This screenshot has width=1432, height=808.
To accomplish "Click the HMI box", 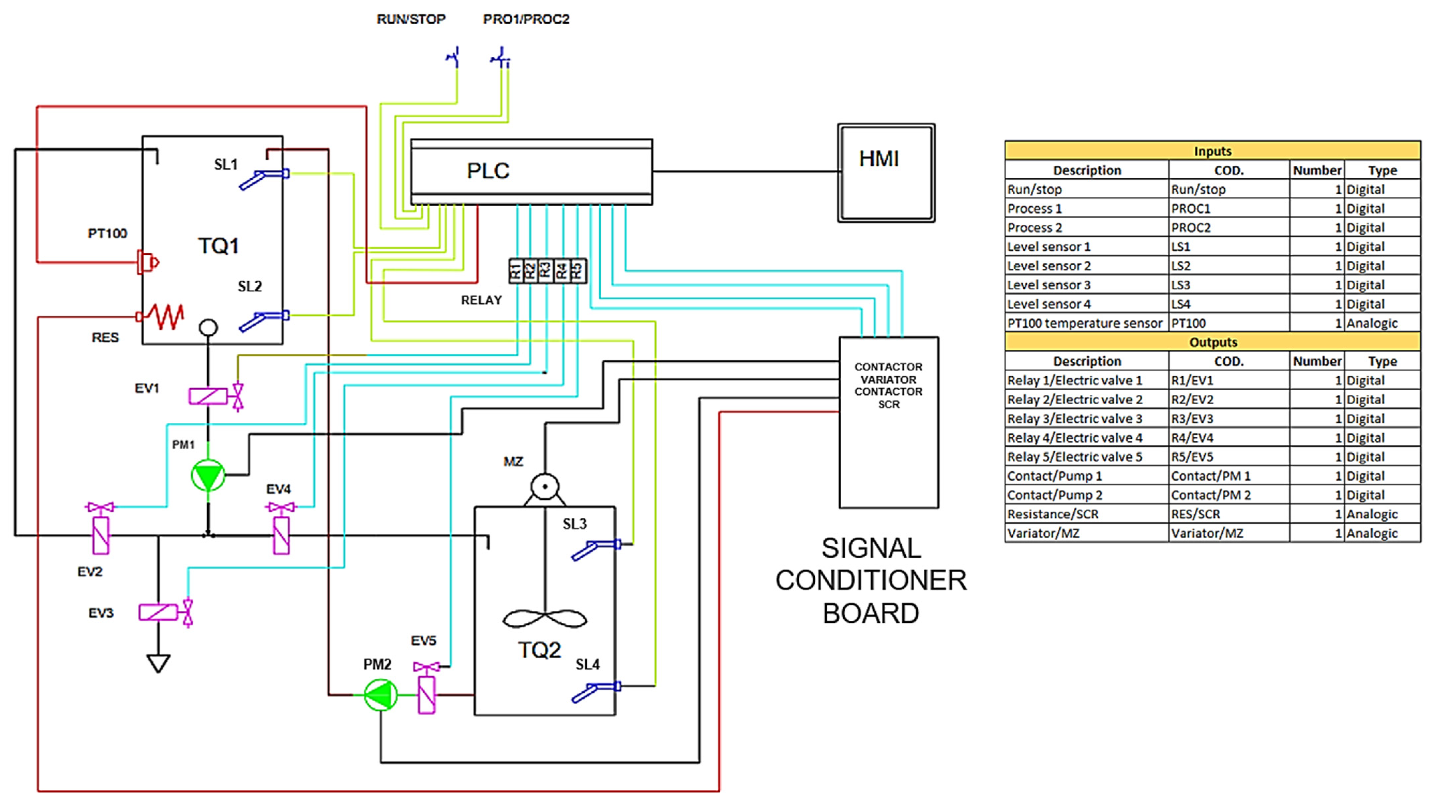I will pyautogui.click(x=886, y=173).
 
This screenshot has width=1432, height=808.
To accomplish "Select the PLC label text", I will pyautogui.click(x=487, y=171).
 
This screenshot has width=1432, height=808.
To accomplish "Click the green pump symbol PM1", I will pyautogui.click(x=208, y=476).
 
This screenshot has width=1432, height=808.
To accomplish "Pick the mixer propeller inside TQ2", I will pyautogui.click(x=545, y=618).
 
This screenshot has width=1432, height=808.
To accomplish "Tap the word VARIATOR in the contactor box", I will pyautogui.click(x=888, y=380).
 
